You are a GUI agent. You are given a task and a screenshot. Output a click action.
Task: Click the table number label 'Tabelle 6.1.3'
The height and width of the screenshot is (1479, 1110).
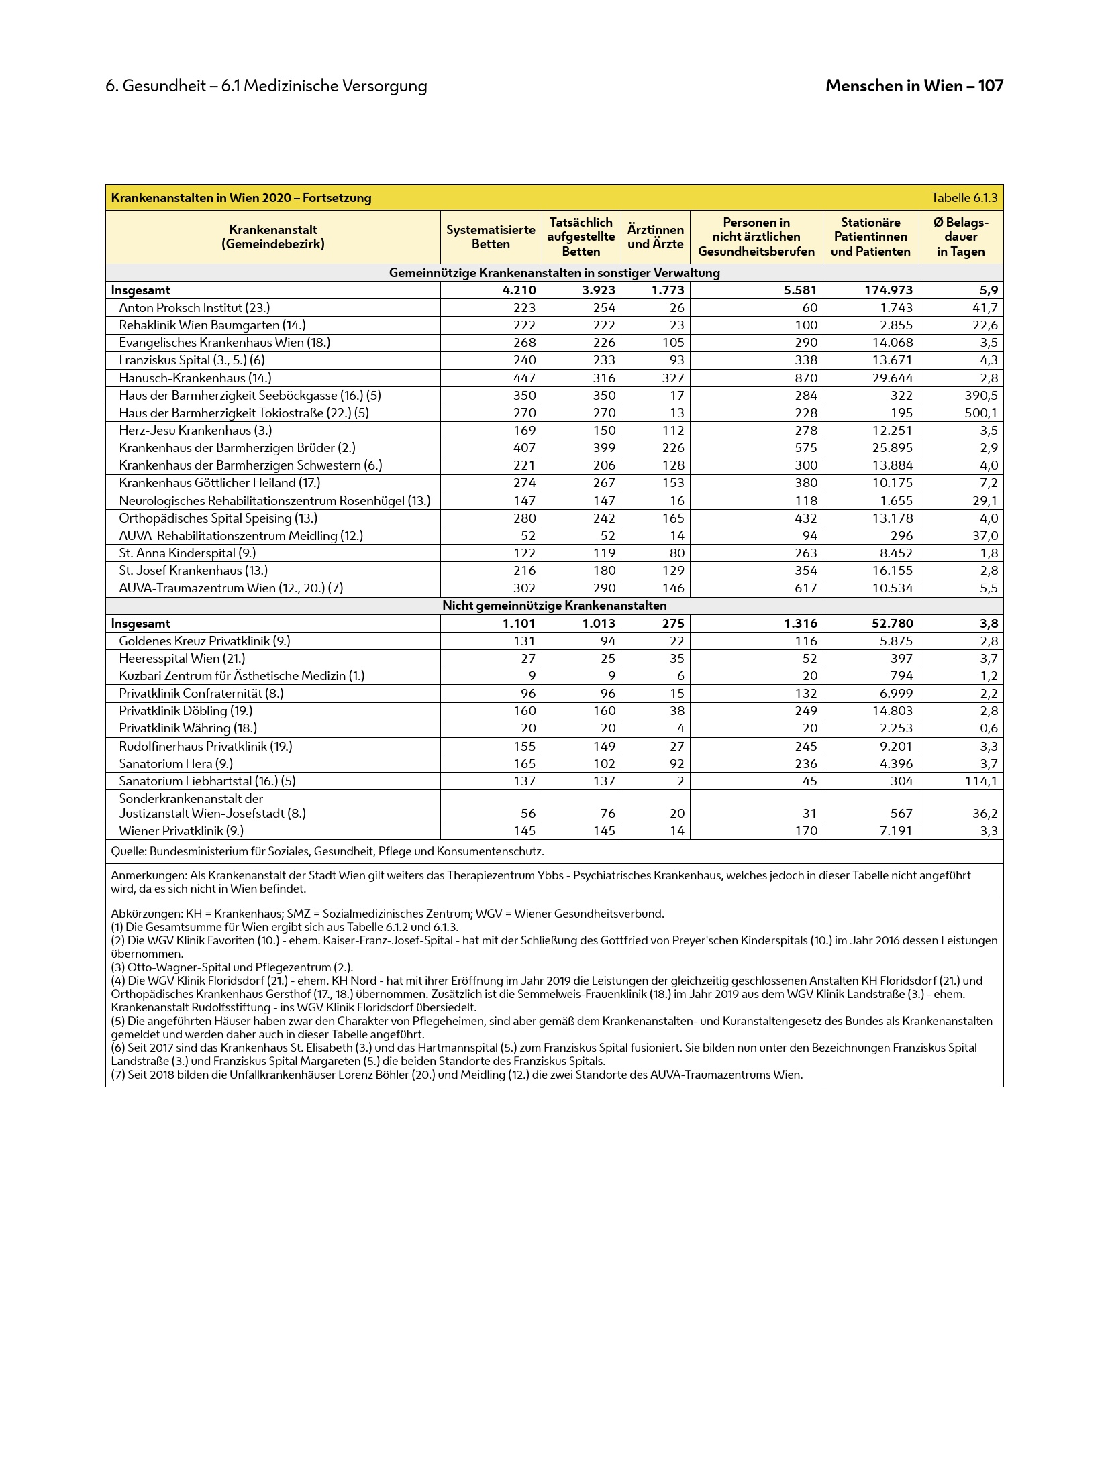coord(964,198)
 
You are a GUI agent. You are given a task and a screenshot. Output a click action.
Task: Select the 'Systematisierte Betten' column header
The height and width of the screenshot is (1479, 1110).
coord(491,237)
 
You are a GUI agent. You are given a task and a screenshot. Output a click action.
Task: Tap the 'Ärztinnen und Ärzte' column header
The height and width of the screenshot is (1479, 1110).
coord(655,237)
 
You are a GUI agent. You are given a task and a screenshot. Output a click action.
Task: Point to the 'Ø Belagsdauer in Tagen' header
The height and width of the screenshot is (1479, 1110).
coord(960,237)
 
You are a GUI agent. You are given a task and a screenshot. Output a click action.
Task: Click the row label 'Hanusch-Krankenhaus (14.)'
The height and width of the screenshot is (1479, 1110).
coord(195,378)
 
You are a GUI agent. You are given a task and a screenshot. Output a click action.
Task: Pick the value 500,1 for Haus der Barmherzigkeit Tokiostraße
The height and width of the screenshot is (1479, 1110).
coord(980,413)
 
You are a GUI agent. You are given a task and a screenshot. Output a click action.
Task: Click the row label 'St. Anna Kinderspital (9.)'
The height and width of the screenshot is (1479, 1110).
coord(187,553)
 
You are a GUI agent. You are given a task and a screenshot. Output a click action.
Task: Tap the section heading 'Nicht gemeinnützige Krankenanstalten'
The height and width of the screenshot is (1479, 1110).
coord(554,606)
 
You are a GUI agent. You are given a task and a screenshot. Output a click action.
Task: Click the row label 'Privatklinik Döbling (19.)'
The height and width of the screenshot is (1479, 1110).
coord(185,710)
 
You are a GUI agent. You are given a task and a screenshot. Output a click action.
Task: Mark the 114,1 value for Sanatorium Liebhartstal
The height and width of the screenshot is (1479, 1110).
coord(980,781)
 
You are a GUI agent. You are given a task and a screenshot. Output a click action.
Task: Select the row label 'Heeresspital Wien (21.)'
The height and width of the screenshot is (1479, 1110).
coord(182,658)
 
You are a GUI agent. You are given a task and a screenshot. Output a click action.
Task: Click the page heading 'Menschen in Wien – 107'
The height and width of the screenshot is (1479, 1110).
coord(914,86)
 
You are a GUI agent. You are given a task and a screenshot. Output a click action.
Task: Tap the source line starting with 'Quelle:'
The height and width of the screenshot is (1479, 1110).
coord(327,851)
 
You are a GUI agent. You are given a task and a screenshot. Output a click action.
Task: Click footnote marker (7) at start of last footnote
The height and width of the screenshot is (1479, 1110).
coord(118,1074)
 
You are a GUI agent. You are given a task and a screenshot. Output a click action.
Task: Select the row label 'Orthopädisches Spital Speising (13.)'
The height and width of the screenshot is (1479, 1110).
coord(217,518)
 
